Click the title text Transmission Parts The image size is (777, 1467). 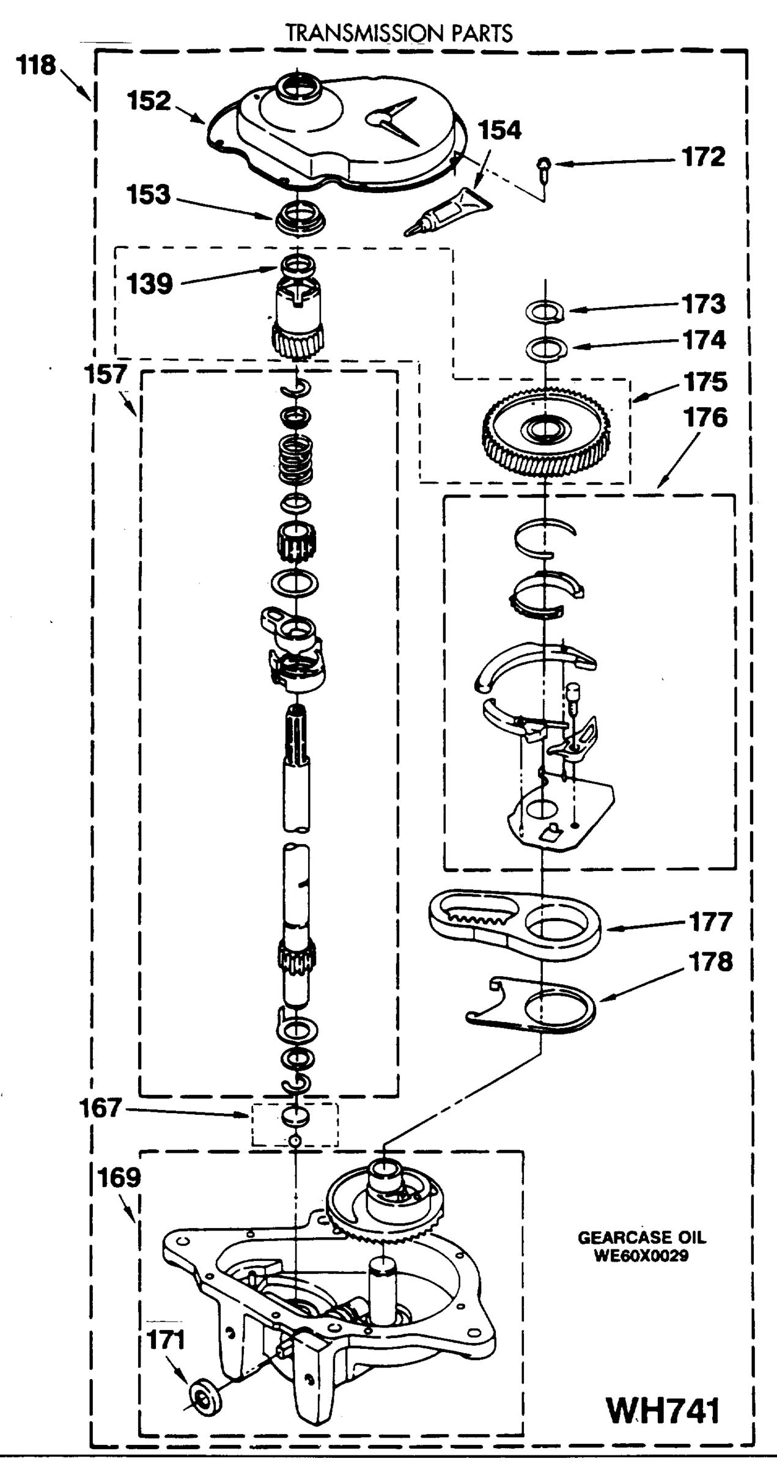pyautogui.click(x=399, y=33)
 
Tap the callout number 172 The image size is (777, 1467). pyautogui.click(x=704, y=157)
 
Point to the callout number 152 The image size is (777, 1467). pyautogui.click(x=149, y=101)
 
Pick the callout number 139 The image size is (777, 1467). pyautogui.click(x=150, y=284)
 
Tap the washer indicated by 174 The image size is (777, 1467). pyautogui.click(x=547, y=348)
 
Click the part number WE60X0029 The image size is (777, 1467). pyautogui.click(x=641, y=1256)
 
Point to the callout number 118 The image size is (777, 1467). pyautogui.click(x=37, y=65)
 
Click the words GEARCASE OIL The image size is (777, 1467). pyautogui.click(x=641, y=1238)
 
